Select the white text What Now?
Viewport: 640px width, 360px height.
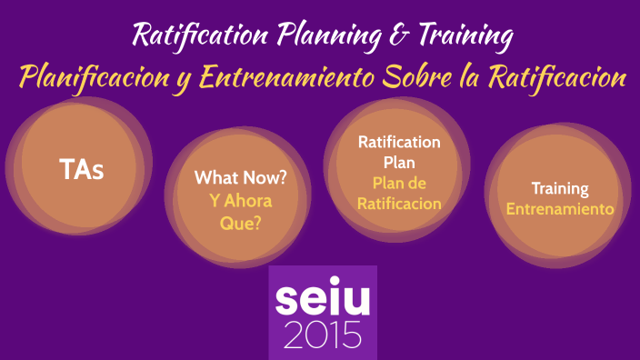point(240,178)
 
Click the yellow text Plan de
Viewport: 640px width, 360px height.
point(399,184)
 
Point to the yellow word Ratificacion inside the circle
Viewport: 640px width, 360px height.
point(399,205)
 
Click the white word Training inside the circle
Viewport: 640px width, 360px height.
point(560,189)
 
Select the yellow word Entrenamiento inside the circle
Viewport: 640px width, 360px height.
point(560,209)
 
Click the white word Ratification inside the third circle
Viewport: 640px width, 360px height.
point(399,142)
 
